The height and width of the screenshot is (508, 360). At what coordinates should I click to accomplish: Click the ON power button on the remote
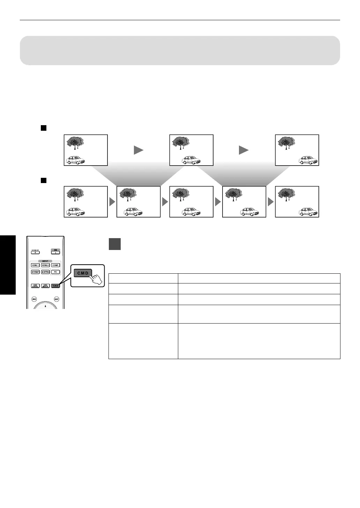[x=55, y=252]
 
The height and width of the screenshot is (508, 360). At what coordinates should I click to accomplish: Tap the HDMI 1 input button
[x=35, y=265]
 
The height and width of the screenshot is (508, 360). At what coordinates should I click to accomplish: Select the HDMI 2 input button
[x=45, y=265]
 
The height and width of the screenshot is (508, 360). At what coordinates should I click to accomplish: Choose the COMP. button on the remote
[x=55, y=265]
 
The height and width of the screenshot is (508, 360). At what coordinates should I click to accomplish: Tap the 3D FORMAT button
[x=35, y=272]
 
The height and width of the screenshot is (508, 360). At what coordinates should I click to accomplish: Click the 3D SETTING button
[x=45, y=272]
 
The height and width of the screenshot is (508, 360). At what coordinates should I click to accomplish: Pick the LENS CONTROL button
[x=35, y=286]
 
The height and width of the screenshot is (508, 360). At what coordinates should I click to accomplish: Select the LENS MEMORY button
[x=45, y=286]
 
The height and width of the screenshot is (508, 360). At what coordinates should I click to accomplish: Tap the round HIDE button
[x=34, y=299]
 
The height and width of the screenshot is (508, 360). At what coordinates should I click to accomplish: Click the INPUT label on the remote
[x=45, y=261]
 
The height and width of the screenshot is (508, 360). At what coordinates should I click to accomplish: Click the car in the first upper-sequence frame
[x=76, y=160]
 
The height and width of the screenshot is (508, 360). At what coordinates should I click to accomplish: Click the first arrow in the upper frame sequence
[x=138, y=150]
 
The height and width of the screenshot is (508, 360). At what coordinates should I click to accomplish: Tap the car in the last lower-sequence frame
[x=308, y=212]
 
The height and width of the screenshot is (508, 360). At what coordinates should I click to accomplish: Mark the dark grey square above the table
[x=115, y=244]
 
